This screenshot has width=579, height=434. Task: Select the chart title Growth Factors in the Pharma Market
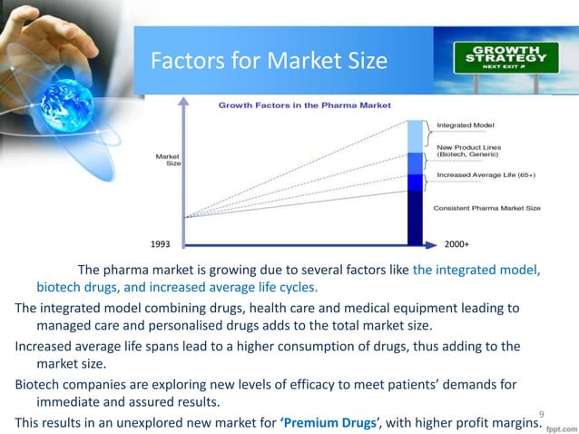(303, 105)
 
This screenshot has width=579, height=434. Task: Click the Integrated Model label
(466, 124)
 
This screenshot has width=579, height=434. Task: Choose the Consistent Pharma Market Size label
(488, 208)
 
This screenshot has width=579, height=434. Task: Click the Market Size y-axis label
(166, 159)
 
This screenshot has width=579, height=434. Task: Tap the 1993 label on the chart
(160, 244)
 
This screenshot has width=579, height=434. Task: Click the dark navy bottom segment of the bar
(416, 218)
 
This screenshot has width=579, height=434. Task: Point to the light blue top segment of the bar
(416, 135)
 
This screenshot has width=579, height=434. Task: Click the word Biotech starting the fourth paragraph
(36, 383)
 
